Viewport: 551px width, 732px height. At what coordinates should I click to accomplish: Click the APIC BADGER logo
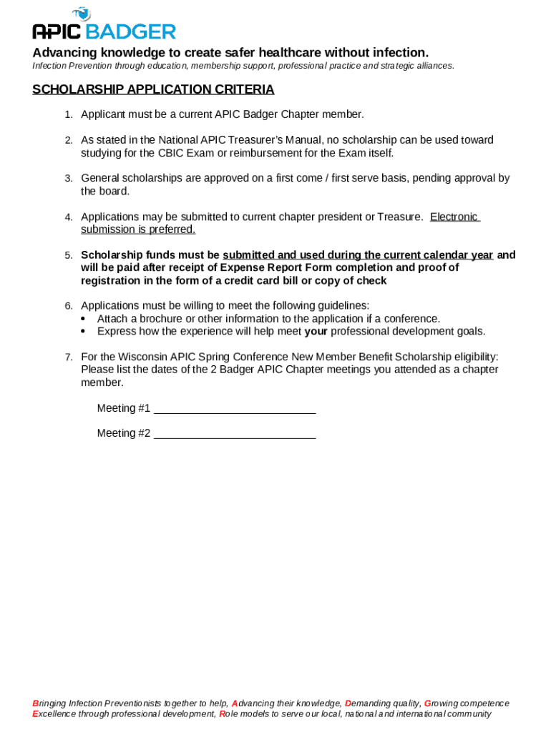pyautogui.click(x=104, y=24)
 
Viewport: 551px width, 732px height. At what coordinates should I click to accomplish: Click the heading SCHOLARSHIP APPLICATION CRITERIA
pyautogui.click(x=153, y=89)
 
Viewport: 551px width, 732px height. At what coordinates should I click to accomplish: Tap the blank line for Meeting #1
pyautogui.click(x=235, y=408)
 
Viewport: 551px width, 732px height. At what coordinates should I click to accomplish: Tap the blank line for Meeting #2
pyautogui.click(x=235, y=433)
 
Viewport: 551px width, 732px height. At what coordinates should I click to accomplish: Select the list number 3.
pyautogui.click(x=69, y=179)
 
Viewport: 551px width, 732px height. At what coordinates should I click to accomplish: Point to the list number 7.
pyautogui.click(x=69, y=357)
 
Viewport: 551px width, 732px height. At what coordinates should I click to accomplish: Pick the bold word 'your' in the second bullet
pyautogui.click(x=316, y=332)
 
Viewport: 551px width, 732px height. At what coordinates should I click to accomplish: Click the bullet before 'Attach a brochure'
pyautogui.click(x=84, y=319)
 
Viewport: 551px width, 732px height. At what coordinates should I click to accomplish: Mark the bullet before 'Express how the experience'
pyautogui.click(x=84, y=332)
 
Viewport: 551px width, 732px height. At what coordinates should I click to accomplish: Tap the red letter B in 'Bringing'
pyautogui.click(x=36, y=703)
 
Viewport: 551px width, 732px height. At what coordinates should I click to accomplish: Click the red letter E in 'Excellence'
pyautogui.click(x=36, y=713)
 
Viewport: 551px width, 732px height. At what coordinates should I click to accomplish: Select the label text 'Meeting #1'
pyautogui.click(x=124, y=408)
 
